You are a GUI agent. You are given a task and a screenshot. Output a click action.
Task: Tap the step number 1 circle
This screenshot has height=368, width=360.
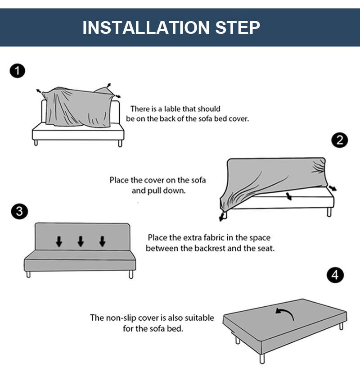pos(17,71)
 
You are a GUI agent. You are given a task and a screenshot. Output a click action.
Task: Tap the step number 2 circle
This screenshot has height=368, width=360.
pos(340,140)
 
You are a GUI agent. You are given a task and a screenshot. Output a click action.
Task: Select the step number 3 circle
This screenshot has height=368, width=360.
pos(18,211)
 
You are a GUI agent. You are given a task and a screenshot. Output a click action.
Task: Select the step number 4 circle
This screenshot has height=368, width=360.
pos(335,275)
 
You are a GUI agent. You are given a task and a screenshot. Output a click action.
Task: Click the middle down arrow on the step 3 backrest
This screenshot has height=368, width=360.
pos(81,241)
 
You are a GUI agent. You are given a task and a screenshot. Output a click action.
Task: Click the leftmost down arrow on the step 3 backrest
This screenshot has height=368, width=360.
pos(59,241)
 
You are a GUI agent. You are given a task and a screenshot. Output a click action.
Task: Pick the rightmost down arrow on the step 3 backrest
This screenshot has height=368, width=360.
pos(103,241)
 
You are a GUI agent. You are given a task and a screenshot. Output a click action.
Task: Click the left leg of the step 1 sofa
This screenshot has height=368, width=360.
pos(36,143)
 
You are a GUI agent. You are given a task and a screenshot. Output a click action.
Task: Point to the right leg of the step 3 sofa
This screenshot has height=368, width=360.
pos(131,274)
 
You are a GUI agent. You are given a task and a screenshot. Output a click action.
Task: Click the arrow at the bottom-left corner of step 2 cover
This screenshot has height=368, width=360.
pos(221,217)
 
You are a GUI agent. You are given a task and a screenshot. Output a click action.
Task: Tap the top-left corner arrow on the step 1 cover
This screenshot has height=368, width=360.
pos(39,91)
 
